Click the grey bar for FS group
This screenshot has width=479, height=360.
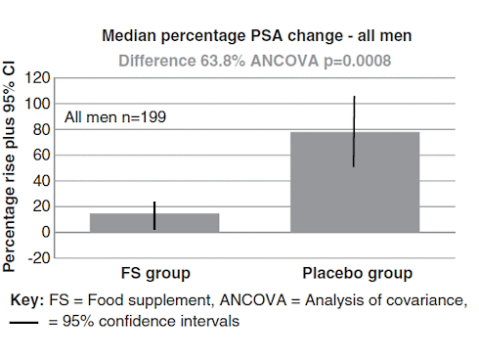click(x=154, y=223)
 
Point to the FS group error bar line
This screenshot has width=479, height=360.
click(x=154, y=215)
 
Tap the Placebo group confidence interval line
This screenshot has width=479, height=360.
click(x=355, y=131)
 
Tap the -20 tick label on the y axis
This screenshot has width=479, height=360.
click(x=38, y=258)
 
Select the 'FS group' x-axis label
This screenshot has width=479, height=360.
click(x=154, y=273)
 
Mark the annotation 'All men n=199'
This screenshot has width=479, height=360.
click(x=115, y=117)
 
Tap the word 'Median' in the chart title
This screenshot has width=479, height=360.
click(x=131, y=37)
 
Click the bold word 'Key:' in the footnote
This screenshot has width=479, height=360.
click(x=24, y=300)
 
